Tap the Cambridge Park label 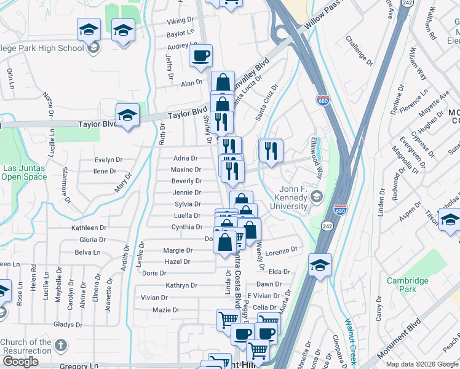click(x=407, y=285)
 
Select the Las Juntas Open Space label click(x=20, y=172)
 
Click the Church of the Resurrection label click(x=26, y=346)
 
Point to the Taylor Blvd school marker click(x=127, y=115)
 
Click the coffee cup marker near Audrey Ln click(x=200, y=57)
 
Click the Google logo click(x=20, y=362)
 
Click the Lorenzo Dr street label click(x=282, y=250)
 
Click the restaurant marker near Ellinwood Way click(x=271, y=150)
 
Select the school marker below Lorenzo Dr click(x=320, y=265)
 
